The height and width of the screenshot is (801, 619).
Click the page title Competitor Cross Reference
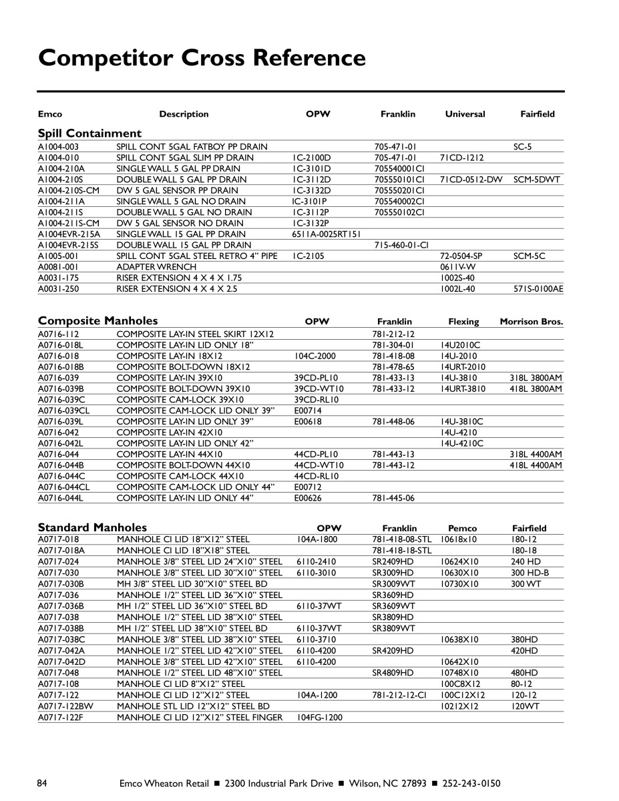(202, 57)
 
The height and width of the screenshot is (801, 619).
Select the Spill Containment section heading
(89, 133)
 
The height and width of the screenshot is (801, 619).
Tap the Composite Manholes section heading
(97, 320)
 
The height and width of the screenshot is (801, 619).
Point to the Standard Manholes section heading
(92, 527)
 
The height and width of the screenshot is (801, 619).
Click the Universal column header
(465, 114)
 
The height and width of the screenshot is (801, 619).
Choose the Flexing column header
(463, 322)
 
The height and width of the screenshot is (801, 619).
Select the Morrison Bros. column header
(531, 322)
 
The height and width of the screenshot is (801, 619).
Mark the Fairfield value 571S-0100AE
(538, 289)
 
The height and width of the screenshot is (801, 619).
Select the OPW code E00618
(308, 421)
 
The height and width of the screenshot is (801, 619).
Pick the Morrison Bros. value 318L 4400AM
(536, 454)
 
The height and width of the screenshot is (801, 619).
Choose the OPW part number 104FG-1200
(319, 717)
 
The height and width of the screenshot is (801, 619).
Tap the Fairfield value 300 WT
(527, 583)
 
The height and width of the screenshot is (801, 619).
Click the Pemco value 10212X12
(459, 706)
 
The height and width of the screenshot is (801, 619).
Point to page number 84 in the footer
(43, 783)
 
